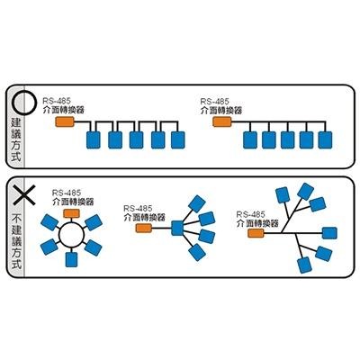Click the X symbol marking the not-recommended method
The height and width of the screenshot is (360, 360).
point(23,195)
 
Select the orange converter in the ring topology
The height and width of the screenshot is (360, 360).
point(71,213)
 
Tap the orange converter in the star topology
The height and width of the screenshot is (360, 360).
point(144,228)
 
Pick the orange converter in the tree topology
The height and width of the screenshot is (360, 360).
point(256,233)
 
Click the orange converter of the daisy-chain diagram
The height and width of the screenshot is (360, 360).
point(65,121)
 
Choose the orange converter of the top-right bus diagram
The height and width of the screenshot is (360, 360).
point(222,121)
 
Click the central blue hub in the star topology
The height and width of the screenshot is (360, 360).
point(177,228)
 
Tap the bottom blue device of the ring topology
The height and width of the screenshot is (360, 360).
point(71,260)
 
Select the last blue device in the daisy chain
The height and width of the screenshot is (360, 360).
point(178,140)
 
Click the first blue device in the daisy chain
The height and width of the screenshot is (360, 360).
point(94,140)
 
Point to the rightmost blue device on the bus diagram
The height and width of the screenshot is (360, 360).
point(325,140)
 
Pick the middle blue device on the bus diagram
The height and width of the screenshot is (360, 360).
point(288,140)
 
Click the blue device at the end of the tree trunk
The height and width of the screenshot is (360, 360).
point(329,233)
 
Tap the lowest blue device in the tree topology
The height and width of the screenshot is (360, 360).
point(304,265)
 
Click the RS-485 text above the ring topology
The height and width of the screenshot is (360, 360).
point(67,193)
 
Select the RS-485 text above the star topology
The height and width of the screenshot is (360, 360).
point(138,208)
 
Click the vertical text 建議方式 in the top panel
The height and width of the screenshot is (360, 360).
point(15,139)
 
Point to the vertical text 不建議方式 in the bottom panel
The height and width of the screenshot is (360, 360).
point(15,241)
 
